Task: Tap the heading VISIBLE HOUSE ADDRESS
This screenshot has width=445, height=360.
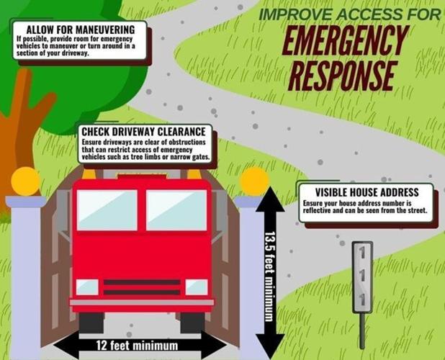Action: point(367,192)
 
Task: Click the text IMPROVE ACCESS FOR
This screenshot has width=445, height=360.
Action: point(350,14)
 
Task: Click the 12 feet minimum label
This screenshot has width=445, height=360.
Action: point(137,345)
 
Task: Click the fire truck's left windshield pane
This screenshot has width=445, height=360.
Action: point(107,210)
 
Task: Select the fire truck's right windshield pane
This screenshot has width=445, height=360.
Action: point(176,210)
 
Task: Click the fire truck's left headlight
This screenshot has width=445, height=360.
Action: point(87,286)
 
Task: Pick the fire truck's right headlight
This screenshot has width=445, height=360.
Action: point(196,287)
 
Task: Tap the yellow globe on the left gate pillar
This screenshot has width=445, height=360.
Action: point(25,181)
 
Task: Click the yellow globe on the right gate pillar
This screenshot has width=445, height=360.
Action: point(254,181)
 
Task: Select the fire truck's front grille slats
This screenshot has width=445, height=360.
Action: point(142,287)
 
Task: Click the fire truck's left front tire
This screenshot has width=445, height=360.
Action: point(91,322)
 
